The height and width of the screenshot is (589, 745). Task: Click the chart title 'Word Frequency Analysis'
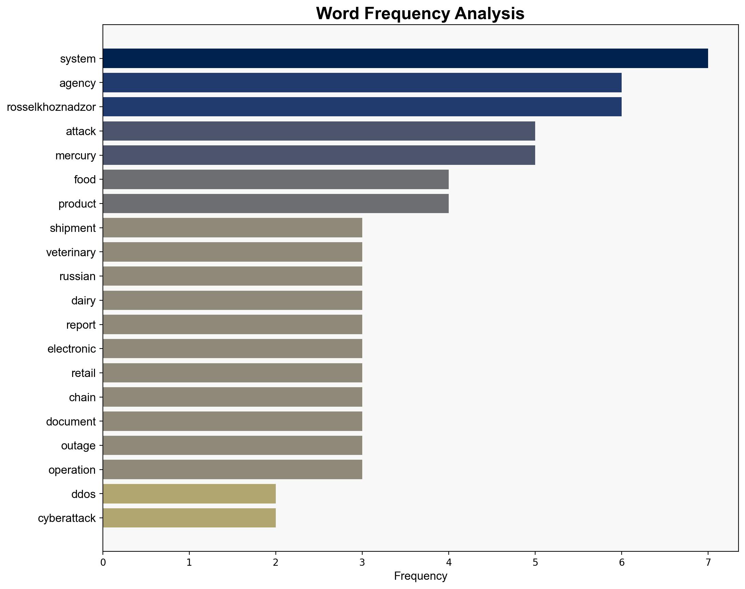coord(420,14)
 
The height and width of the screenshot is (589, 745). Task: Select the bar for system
coord(405,58)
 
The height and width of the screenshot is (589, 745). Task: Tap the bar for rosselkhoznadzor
coord(362,107)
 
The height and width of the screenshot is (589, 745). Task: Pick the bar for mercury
coord(319,155)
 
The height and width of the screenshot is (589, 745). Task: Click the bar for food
coord(276,179)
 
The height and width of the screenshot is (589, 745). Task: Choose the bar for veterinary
coord(232,252)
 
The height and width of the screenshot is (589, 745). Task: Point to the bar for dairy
coord(232,300)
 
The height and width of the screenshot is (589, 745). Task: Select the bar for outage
coord(232,446)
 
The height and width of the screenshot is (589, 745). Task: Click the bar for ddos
coord(189,494)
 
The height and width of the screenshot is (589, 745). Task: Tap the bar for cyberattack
coord(189,518)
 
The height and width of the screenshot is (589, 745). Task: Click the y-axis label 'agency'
coord(78,83)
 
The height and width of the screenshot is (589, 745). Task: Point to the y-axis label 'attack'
coord(81,131)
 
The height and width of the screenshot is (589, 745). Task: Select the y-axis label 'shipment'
coord(73,228)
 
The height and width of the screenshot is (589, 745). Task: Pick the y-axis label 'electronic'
coord(72,349)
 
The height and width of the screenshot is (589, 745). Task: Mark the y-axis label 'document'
coord(71,421)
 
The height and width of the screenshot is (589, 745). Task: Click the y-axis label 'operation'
coord(72,470)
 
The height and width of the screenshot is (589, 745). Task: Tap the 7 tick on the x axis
coord(708,562)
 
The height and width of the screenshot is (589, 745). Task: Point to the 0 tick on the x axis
coord(103,562)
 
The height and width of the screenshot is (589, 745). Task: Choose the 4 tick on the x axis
coord(448,562)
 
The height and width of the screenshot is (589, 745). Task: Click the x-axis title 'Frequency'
coord(420,576)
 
